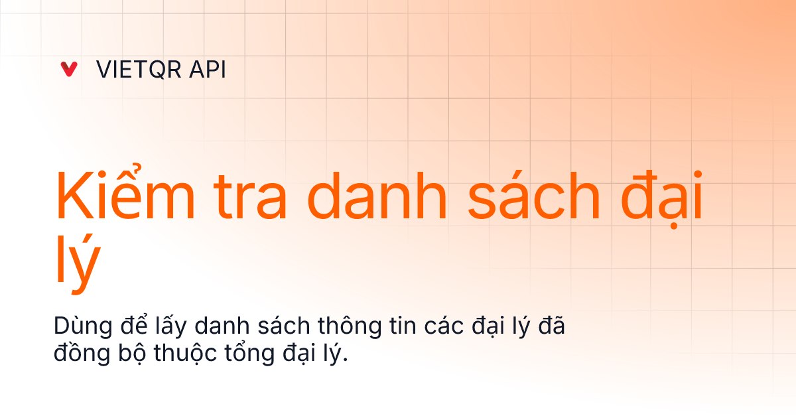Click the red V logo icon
[x=69, y=69]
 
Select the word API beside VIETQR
[x=208, y=69]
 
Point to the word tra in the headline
[x=250, y=196]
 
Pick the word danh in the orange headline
[x=377, y=196]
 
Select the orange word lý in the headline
[x=78, y=264]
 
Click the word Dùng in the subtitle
[x=83, y=326]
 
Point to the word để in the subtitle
[x=133, y=324]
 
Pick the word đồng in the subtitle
[x=82, y=352]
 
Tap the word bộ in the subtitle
[x=132, y=353]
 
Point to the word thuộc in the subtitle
[x=185, y=353]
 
